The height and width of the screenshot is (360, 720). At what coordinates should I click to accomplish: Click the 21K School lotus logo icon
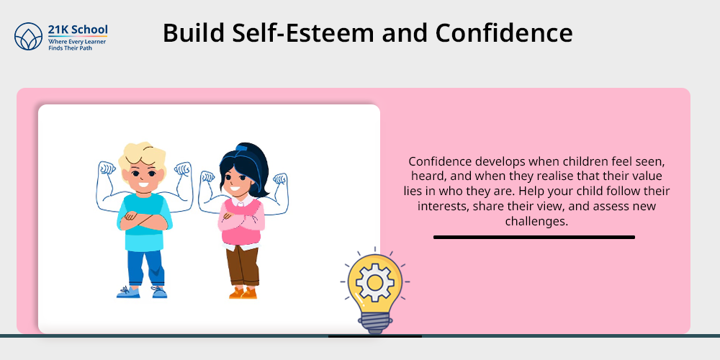29,36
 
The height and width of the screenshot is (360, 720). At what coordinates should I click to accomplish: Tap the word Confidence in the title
504,33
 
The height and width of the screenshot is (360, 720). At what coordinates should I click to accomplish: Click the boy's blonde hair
142,156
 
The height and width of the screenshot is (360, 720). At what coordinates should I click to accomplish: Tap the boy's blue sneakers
141,292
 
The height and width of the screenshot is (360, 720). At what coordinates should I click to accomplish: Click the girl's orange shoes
243,293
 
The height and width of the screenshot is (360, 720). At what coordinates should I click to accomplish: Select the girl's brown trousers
243,266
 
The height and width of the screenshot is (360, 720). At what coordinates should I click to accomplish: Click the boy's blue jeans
145,268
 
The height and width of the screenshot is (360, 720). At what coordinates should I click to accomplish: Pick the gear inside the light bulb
374,283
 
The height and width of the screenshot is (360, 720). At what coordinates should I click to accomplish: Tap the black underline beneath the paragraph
534,238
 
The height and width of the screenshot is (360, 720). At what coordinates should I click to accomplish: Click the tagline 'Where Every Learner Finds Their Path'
77,45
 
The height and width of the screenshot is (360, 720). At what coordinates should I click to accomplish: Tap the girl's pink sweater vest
242,222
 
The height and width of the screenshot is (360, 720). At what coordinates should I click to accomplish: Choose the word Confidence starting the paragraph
440,161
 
